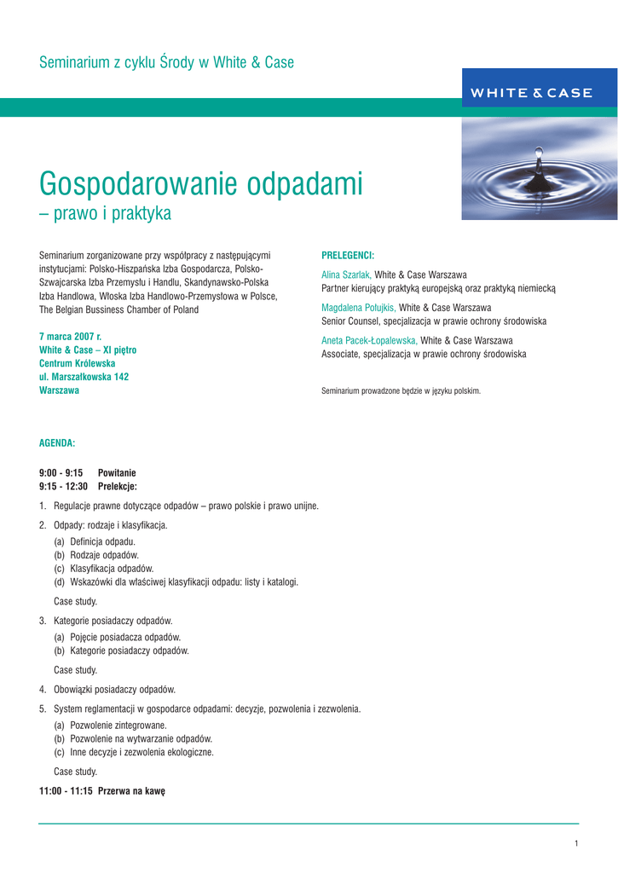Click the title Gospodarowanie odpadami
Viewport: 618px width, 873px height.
pyautogui.click(x=201, y=183)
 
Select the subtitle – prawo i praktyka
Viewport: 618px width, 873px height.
pyautogui.click(x=105, y=213)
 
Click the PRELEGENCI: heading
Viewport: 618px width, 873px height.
pyautogui.click(x=348, y=255)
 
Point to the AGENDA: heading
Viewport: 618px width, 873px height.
pyautogui.click(x=57, y=443)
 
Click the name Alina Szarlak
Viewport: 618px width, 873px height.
pyautogui.click(x=346, y=275)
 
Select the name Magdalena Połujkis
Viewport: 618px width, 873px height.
pyautogui.click(x=359, y=308)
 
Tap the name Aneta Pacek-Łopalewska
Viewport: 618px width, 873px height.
pyautogui.click(x=369, y=340)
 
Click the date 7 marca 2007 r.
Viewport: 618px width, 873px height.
pyautogui.click(x=70, y=337)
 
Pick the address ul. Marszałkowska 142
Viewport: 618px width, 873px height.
pyautogui.click(x=84, y=377)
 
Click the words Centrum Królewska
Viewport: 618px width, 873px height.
pyautogui.click(x=78, y=363)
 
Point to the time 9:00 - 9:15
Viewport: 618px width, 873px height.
pyautogui.click(x=61, y=473)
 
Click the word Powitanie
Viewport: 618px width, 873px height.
pyautogui.click(x=117, y=473)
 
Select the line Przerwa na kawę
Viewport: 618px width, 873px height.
pyautogui.click(x=131, y=791)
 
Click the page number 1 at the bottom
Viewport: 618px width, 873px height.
pyautogui.click(x=576, y=844)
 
